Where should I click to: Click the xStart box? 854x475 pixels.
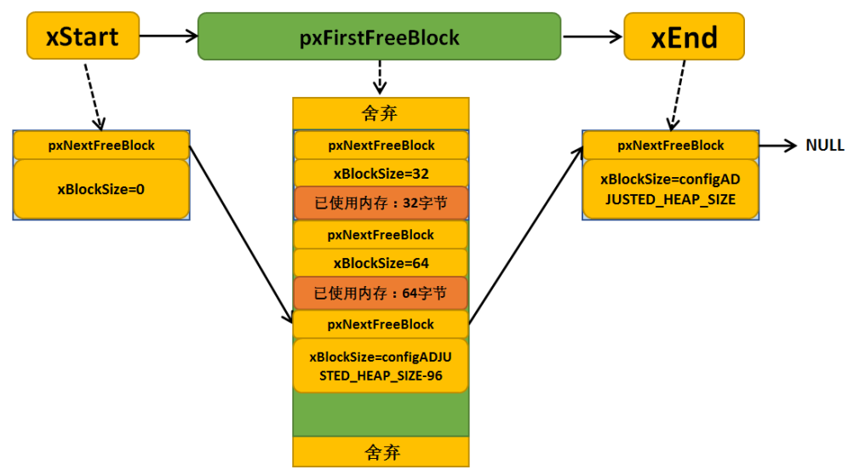pyautogui.click(x=83, y=36)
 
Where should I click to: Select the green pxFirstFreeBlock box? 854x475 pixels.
pyautogui.click(x=379, y=37)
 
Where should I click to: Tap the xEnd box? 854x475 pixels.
pyautogui.click(x=684, y=37)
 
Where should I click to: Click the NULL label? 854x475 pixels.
pyautogui.click(x=824, y=145)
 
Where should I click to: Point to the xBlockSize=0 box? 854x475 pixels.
pyautogui.click(x=101, y=189)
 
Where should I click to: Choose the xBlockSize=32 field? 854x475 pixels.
pyautogui.click(x=381, y=174)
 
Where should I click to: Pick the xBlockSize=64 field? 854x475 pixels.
pyautogui.click(x=381, y=263)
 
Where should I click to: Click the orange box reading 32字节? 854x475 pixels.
pyautogui.click(x=381, y=203)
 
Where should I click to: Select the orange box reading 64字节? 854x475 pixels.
pyautogui.click(x=381, y=293)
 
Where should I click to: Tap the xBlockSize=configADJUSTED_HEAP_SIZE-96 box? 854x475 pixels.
pyautogui.click(x=381, y=366)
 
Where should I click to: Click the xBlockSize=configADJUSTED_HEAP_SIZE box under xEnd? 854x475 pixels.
pyautogui.click(x=670, y=189)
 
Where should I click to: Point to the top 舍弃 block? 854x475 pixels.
pyautogui.click(x=381, y=113)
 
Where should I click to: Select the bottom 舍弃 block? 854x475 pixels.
pyautogui.click(x=381, y=451)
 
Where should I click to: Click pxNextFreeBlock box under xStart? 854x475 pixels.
pyautogui.click(x=101, y=146)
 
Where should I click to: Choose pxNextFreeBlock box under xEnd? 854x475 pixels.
pyautogui.click(x=670, y=146)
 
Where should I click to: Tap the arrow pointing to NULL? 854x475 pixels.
pyautogui.click(x=777, y=146)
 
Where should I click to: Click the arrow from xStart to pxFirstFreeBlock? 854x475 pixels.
pyautogui.click(x=169, y=36)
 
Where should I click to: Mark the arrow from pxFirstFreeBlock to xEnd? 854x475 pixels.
pyautogui.click(x=593, y=37)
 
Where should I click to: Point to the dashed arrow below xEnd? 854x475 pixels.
pyautogui.click(x=678, y=96)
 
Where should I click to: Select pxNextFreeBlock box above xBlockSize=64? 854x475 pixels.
pyautogui.click(x=381, y=235)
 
